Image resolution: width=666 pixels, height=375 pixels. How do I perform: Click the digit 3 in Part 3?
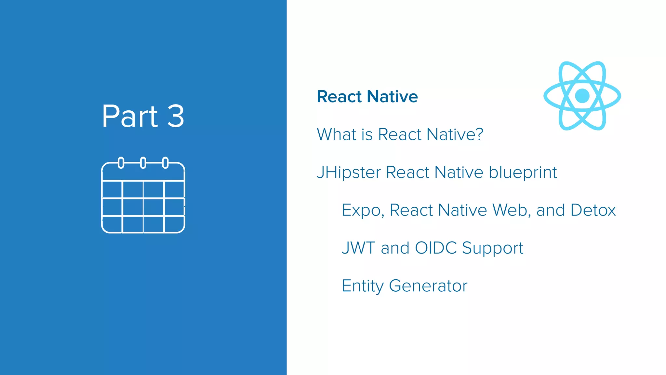coord(176,117)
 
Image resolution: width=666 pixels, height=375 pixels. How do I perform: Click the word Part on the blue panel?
coord(130,117)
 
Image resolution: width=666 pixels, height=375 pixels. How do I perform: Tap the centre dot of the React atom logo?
coord(582,96)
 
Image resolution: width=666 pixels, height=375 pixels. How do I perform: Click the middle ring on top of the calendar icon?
coord(143,162)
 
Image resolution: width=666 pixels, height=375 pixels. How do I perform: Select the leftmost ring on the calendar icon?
coord(121,162)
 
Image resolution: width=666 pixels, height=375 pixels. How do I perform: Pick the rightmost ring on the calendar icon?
coord(165,162)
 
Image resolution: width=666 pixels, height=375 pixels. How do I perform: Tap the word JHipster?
coord(349,173)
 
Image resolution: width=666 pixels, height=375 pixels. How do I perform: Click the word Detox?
coord(593,210)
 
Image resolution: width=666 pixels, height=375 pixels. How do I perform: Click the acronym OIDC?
coord(436,248)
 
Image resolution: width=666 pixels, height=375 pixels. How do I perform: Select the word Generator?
coord(428,286)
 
